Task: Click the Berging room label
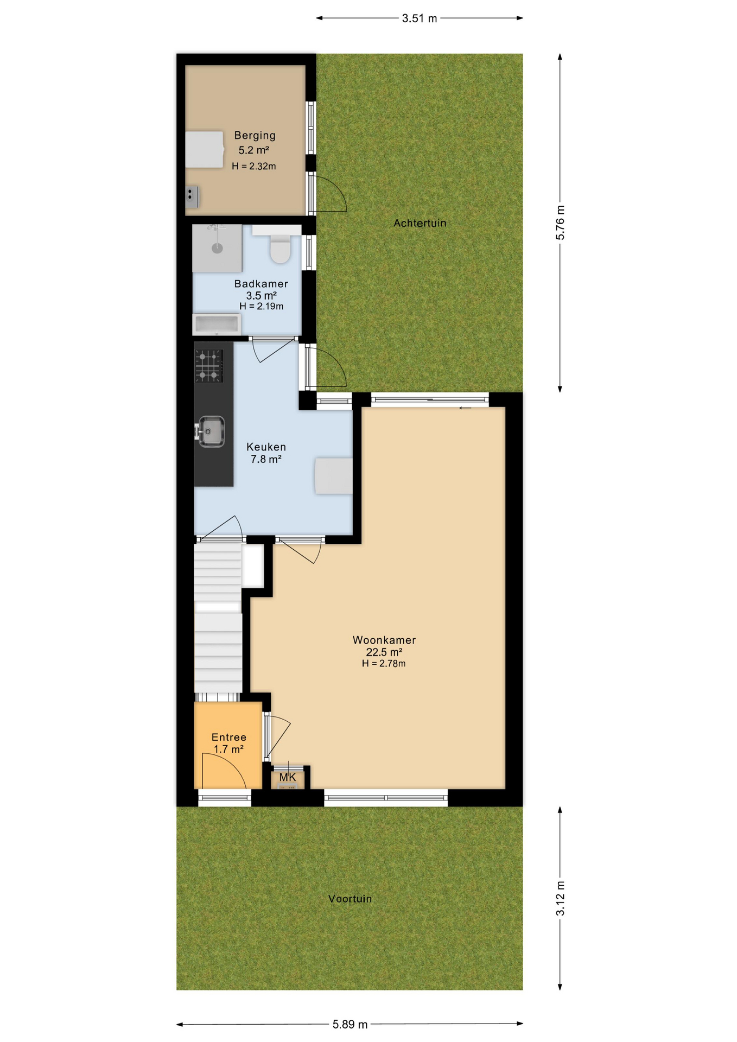pos(255,136)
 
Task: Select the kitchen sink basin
pos(211,431)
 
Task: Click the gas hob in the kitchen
pos(209,366)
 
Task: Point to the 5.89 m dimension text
pos(350,1025)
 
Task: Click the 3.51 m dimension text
pos(419,18)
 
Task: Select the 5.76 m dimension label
pos(560,223)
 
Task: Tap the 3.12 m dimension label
pos(560,899)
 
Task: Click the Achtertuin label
pos(420,223)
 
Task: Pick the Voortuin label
pos(350,899)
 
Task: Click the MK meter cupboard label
pos(288,778)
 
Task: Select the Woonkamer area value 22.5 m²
pos(384,652)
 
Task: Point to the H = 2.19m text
pos(261,307)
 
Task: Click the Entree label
pos(228,737)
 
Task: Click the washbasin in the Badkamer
pos(217,325)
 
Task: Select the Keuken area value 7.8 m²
pos(265,460)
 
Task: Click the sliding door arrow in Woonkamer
pos(465,408)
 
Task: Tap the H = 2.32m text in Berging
pos(253,167)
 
